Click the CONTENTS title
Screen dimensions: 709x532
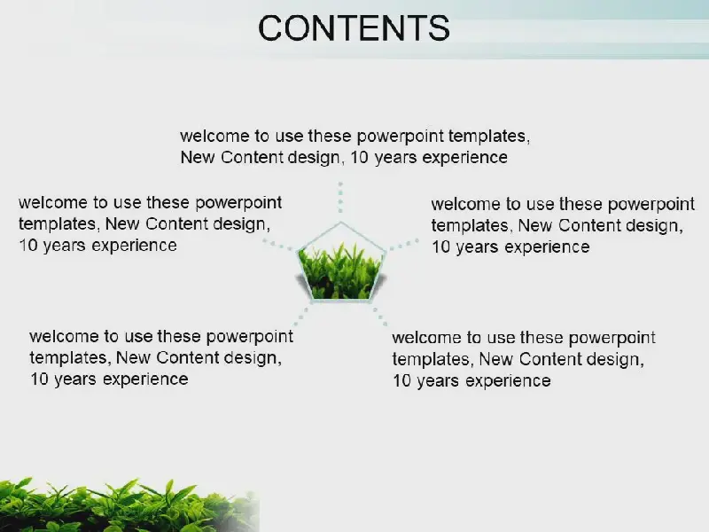tap(354, 28)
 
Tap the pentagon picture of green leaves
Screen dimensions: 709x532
tap(341, 262)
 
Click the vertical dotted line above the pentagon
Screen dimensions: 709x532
tap(340, 197)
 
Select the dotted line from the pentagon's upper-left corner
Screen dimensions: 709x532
tap(278, 246)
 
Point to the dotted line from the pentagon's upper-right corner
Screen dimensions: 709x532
tap(404, 245)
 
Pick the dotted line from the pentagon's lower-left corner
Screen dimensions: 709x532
tap(301, 317)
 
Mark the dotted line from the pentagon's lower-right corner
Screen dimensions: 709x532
tap(380, 317)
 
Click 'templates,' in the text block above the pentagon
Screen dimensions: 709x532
tap(489, 137)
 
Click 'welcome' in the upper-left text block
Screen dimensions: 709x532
tap(53, 203)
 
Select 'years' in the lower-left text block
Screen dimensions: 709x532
tap(76, 380)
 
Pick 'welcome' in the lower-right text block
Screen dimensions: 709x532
tap(426, 338)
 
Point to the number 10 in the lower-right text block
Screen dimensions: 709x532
tap(401, 381)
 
